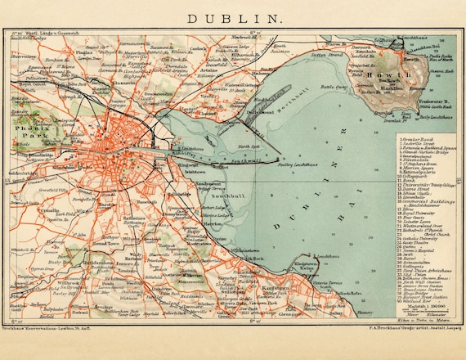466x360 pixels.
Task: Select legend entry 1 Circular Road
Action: click(418, 139)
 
